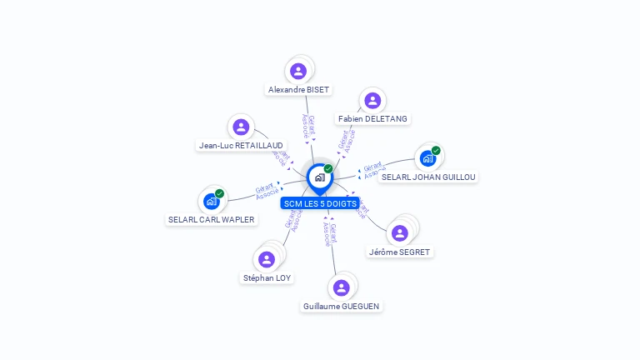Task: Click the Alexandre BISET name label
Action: tap(298, 89)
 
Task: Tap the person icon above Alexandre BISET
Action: tap(298, 71)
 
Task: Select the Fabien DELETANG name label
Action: tap(372, 118)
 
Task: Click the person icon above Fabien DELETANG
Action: tap(372, 101)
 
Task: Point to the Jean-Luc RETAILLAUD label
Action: tap(241, 145)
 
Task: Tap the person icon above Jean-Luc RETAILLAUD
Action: tap(241, 127)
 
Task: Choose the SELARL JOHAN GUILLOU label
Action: tap(428, 177)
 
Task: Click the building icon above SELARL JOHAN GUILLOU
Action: tap(427, 158)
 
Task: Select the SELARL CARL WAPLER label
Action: tap(212, 220)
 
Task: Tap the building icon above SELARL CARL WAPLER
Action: tap(211, 201)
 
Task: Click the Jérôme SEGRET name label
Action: tap(400, 252)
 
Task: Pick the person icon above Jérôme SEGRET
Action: tap(401, 232)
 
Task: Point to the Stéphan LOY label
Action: tap(267, 277)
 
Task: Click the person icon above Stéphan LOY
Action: tap(267, 259)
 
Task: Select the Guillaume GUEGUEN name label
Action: tap(341, 306)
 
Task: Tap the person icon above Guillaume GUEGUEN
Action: tap(341, 287)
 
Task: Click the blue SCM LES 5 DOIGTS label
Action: tap(320, 203)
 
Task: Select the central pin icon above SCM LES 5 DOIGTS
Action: tap(319, 177)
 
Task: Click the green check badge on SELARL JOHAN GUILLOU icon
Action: tap(436, 151)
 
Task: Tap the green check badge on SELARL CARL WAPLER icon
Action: tap(219, 193)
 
